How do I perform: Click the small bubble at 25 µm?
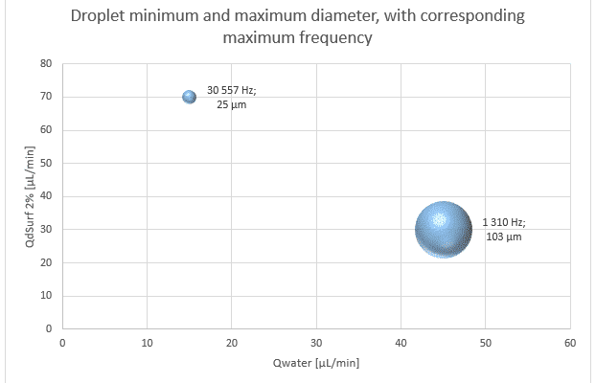coord(189,97)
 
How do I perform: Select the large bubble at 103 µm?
coord(443,230)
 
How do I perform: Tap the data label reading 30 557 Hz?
coord(232,89)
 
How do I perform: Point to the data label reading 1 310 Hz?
coord(504,222)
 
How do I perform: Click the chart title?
coord(298,28)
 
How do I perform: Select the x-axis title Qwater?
coord(316,362)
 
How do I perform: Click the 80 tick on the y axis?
coord(44,64)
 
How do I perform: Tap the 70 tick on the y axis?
coord(44,97)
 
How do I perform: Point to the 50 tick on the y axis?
coord(44,164)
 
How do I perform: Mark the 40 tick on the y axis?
coord(44,196)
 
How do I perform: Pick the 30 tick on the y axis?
coord(44,230)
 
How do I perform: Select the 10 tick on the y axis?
coord(44,296)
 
